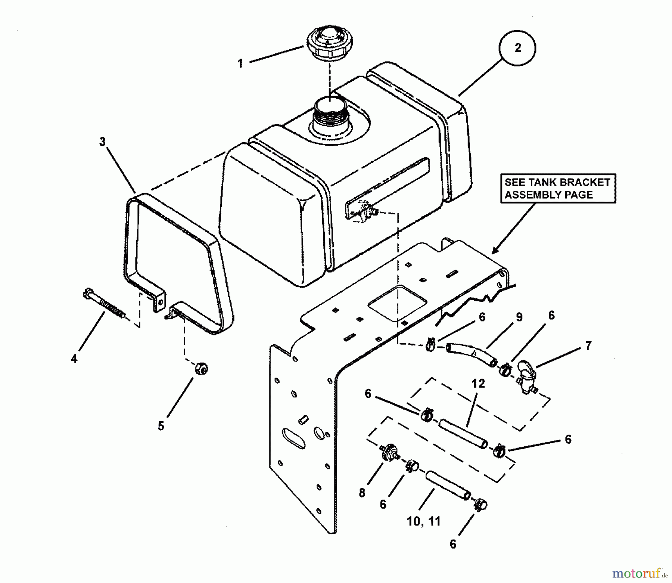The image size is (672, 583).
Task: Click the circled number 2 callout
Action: [517, 48]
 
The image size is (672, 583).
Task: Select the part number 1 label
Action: [240, 63]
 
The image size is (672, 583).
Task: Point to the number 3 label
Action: [103, 142]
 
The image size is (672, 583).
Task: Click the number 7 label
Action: [588, 346]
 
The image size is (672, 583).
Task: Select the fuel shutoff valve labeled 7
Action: [527, 376]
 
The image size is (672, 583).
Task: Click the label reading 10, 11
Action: [424, 521]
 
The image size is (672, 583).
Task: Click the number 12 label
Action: [478, 384]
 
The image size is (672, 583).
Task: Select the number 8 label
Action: [362, 493]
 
